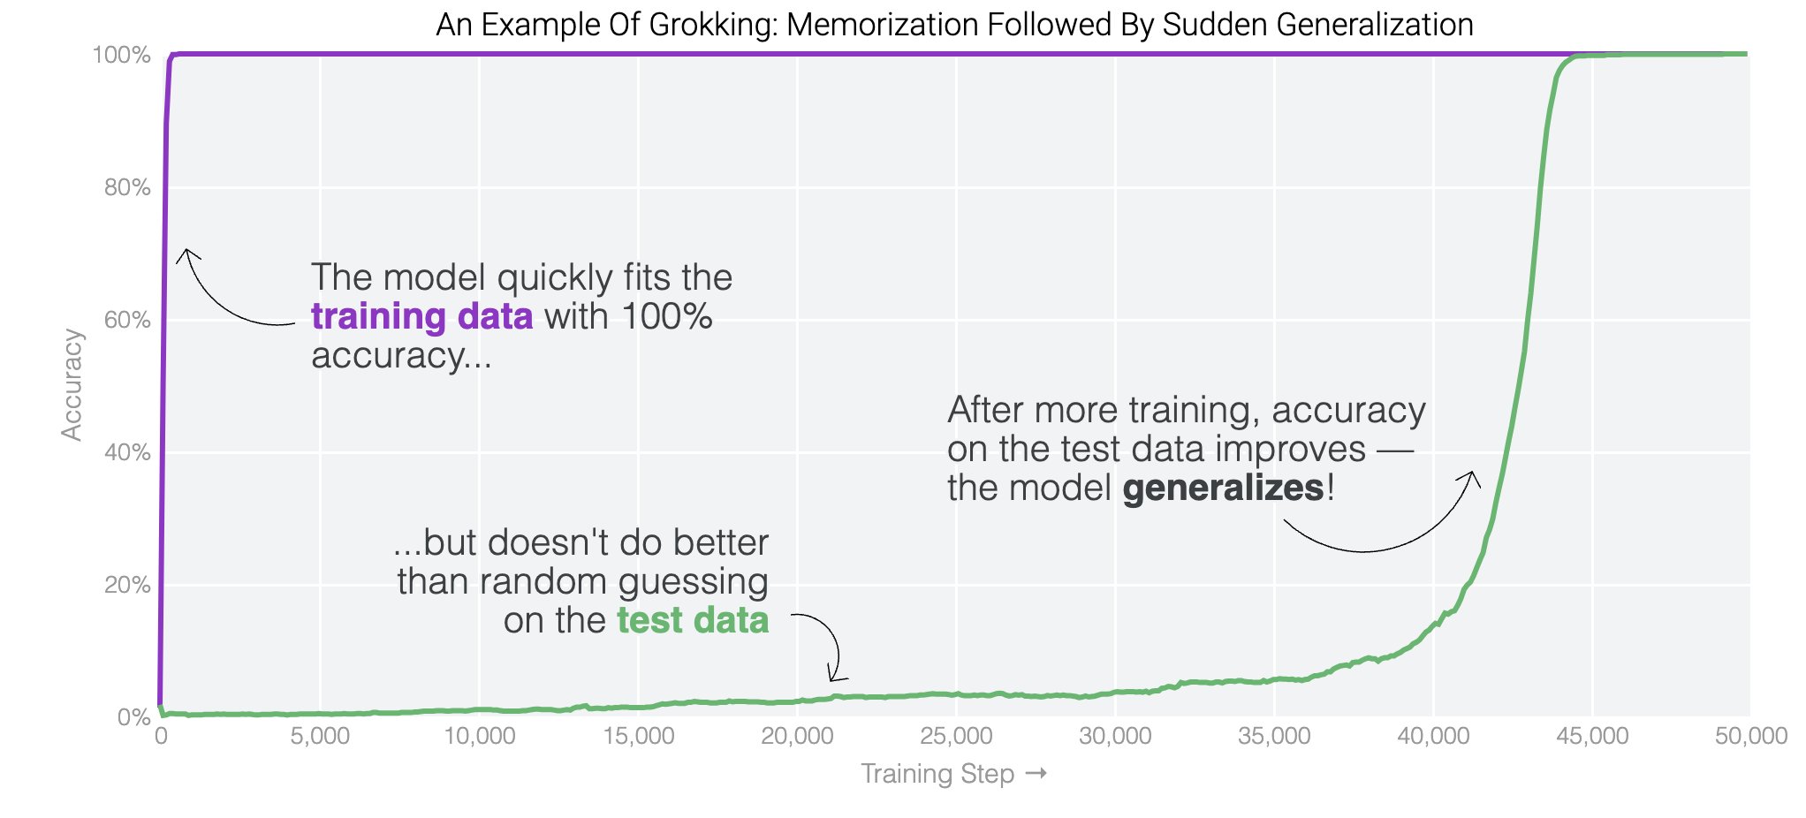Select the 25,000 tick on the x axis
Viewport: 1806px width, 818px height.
tap(956, 736)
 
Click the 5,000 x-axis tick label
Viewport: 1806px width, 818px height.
tap(320, 736)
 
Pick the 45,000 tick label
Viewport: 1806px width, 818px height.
tap(1592, 736)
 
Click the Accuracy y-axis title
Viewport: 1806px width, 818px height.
tap(72, 384)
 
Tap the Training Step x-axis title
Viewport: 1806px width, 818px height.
tap(937, 774)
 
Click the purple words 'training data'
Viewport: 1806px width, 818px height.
tap(421, 316)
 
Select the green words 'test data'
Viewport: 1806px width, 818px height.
tap(693, 620)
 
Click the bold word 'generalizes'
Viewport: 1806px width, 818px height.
tap(1224, 488)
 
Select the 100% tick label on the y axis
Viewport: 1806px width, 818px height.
tap(122, 55)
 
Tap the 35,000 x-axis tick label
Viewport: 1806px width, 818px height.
tap(1274, 736)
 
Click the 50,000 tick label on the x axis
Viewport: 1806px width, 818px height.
tap(1750, 736)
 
